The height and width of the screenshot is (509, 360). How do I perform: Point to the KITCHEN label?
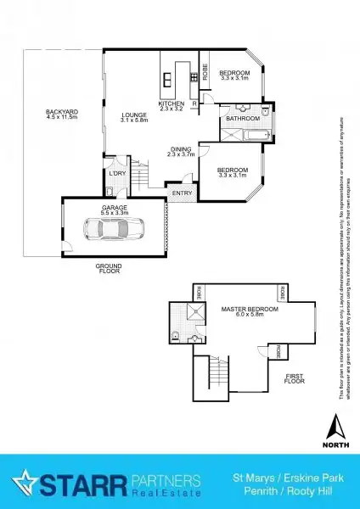coord(171,104)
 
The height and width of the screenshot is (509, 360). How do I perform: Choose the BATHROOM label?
coord(242,119)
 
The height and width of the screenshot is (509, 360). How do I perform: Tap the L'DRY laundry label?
coord(116,174)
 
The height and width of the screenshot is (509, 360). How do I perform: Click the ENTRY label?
coord(182,193)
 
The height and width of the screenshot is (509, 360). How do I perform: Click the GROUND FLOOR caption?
coord(108,268)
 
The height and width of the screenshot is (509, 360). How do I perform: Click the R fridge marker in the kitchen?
coord(195,103)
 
